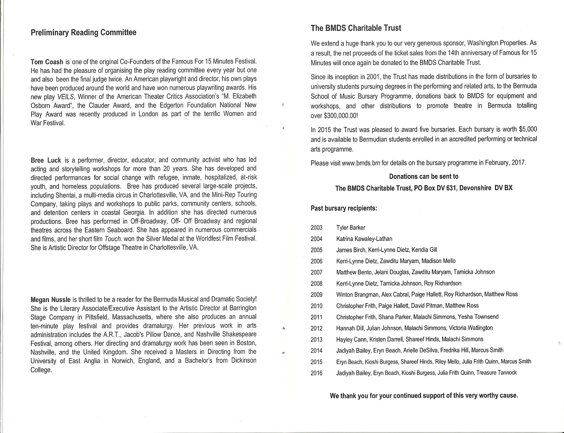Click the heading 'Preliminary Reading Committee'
pos(83,33)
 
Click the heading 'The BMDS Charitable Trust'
pos(356,28)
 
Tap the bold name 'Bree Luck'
pos(46,160)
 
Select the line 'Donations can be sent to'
pos(423,176)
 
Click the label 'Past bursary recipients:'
pos(344,208)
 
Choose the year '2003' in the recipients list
pos(317,228)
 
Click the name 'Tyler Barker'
pos(351,228)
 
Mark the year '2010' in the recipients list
pos(317,306)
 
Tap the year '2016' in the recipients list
pos(317,373)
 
